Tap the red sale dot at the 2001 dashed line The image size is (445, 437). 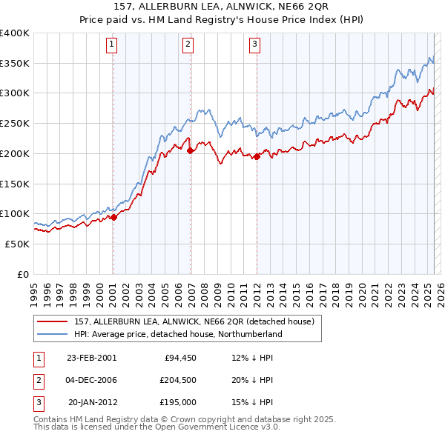tap(114, 217)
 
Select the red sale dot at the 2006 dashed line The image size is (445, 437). tap(191, 150)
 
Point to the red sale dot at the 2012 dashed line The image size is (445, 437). tap(257, 156)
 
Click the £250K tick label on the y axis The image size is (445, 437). tap(15, 124)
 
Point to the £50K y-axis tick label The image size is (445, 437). tap(18, 244)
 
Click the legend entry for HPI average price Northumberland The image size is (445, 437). tap(178, 334)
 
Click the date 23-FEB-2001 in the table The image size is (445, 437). tap(92, 357)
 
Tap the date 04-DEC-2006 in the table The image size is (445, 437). tap(92, 380)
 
